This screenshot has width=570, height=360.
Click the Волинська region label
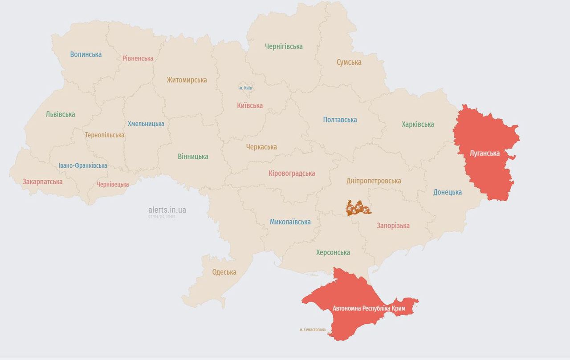[85, 54]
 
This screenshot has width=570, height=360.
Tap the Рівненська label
[138, 58]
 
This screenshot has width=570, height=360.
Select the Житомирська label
[187, 80]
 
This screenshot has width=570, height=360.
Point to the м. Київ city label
[245, 88]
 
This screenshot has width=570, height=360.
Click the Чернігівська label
[284, 46]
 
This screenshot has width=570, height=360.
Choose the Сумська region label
[349, 62]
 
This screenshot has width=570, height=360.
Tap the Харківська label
[417, 124]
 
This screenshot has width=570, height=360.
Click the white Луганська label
[484, 153]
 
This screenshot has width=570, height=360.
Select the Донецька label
[447, 192]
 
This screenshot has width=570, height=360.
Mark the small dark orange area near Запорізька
[358, 208]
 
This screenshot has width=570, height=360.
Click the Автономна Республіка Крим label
[368, 308]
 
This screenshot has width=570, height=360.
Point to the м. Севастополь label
[313, 330]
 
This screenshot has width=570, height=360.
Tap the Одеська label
[224, 272]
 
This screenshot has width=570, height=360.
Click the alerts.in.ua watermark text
[167, 210]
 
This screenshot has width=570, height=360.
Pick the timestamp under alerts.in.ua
[162, 217]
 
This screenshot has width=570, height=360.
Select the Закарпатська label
[42, 182]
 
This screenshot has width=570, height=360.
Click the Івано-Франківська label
[83, 166]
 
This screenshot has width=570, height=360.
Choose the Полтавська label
[340, 120]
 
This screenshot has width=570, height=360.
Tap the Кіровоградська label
[292, 174]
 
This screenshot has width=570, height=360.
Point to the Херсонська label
[333, 252]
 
